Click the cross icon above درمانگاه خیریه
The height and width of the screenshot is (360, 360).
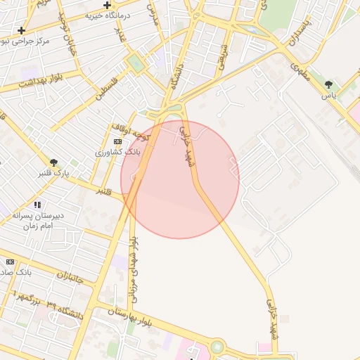pyautogui.click(x=107, y=5)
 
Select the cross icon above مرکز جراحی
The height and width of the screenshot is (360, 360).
pyautogui.click(x=22, y=30)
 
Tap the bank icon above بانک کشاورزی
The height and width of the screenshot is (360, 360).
pyautogui.click(x=117, y=141)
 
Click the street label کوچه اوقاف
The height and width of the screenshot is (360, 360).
pyautogui.click(x=131, y=129)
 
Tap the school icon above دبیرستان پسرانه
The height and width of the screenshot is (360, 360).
pyautogui.click(x=37, y=205)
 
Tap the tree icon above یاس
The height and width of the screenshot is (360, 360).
pyautogui.click(x=329, y=84)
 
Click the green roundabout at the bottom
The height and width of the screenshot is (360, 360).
pyautogui.click(x=217, y=347)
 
